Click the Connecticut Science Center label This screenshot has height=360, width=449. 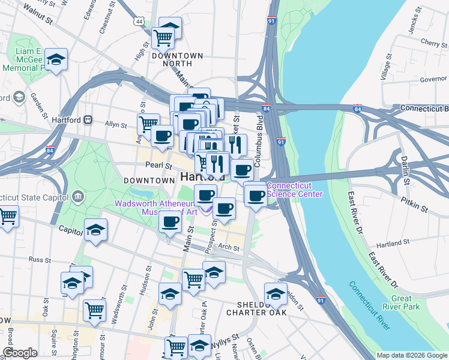point(294,190)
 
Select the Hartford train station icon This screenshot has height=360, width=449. point(88,119)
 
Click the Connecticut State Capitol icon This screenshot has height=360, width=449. point(77,196)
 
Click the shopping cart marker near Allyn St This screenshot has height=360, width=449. point(148,125)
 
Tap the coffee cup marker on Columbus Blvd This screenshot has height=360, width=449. point(243,170)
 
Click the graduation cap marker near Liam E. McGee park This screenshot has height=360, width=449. point(56,59)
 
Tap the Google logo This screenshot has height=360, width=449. point(20,353)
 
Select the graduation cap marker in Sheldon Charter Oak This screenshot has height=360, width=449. point(276,294)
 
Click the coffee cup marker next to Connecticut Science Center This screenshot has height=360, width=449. point(256,196)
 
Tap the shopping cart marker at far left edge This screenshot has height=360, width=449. point(7,217)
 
